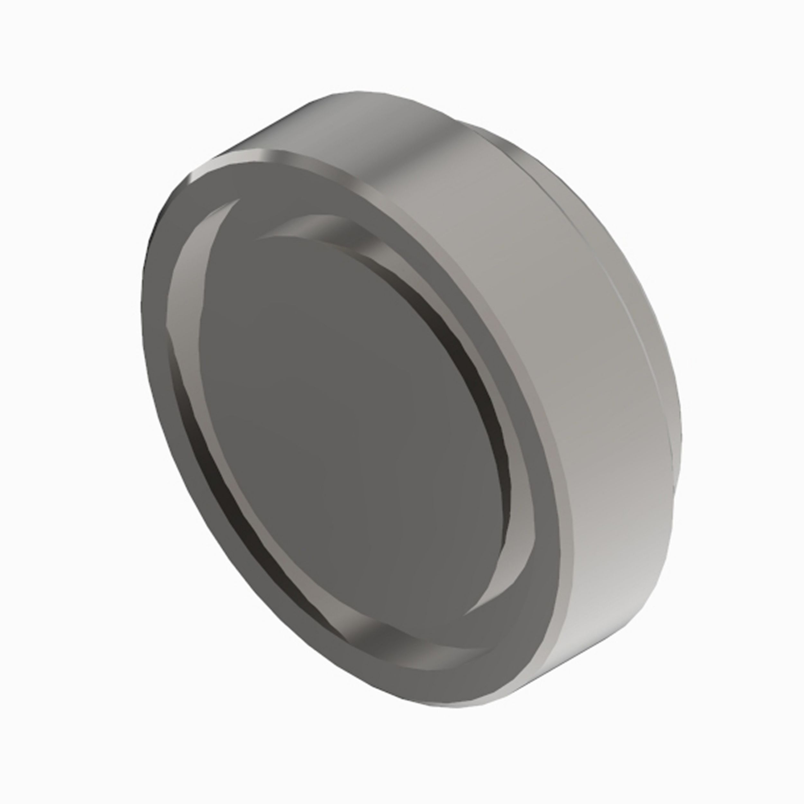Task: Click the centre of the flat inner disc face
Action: click(354, 416)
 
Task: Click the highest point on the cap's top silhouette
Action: click(354, 92)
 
